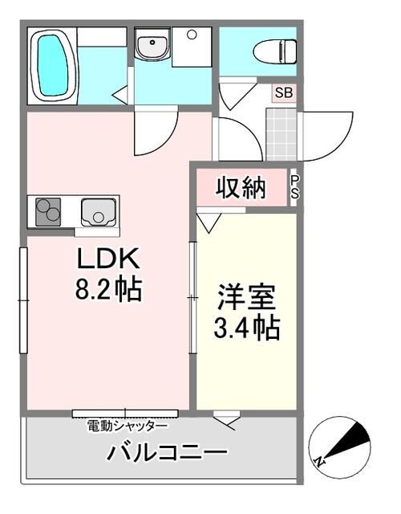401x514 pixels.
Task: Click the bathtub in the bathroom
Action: click(54, 66)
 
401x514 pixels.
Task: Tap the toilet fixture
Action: click(274, 51)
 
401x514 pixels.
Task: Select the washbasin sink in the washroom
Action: click(152, 45)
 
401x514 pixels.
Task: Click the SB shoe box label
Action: click(283, 93)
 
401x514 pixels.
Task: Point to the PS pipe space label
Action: click(294, 187)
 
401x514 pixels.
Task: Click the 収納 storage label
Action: click(241, 188)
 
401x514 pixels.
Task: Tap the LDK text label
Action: click(108, 259)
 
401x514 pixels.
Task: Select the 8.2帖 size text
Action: click(109, 290)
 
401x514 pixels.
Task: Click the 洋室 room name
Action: click(247, 298)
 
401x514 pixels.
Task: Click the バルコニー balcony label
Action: click(167, 453)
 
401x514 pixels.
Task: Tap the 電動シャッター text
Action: click(128, 426)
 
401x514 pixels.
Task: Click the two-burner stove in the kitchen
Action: click(48, 212)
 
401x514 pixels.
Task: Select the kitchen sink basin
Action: click(98, 212)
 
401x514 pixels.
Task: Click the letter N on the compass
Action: click(318, 462)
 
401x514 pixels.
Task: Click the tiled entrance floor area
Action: click(282, 134)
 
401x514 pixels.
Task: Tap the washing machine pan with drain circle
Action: click(192, 47)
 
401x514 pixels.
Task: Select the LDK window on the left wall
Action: click(23, 300)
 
